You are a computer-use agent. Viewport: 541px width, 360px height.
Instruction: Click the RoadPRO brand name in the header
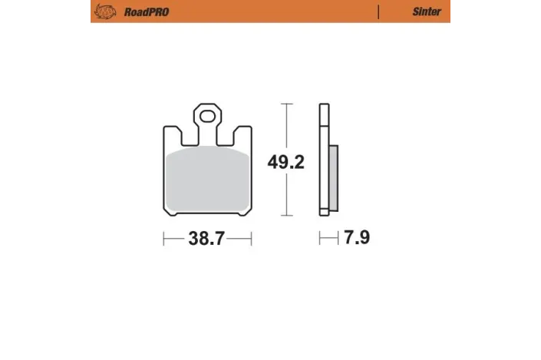coord(143,12)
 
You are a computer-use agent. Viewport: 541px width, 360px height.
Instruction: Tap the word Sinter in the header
coord(426,12)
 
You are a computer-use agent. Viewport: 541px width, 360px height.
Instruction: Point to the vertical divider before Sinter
coord(379,12)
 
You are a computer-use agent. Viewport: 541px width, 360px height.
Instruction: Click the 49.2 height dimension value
coord(285,162)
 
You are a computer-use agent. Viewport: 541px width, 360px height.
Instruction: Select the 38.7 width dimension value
coord(206,238)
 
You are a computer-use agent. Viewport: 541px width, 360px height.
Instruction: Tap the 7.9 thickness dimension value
coord(357,238)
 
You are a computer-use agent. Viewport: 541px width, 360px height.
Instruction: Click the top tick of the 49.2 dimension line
coord(286,104)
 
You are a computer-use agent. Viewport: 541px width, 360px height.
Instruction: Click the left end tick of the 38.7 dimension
coord(163,239)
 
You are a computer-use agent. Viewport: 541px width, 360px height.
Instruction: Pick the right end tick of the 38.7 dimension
coord(251,239)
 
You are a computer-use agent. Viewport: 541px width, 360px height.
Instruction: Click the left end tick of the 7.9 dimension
coord(320,239)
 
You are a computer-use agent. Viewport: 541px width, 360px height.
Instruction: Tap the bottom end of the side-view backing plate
coord(323,214)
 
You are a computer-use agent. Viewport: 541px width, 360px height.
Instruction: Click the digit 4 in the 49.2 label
coord(272,162)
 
